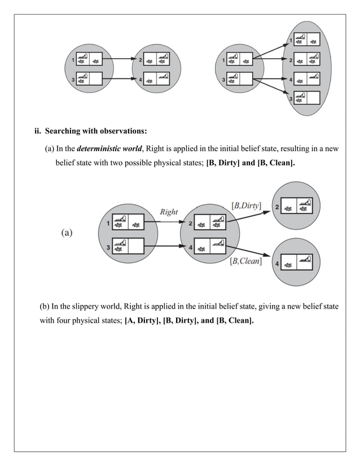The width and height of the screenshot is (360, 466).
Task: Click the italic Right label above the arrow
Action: click(169, 212)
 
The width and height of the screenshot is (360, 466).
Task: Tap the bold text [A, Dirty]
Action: click(143, 321)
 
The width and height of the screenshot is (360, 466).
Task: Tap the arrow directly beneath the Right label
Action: click(169, 222)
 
